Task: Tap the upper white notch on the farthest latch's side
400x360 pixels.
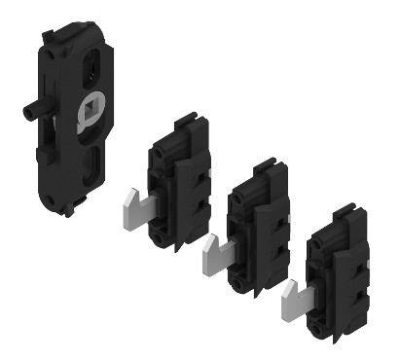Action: pyautogui.click(x=369, y=262)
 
